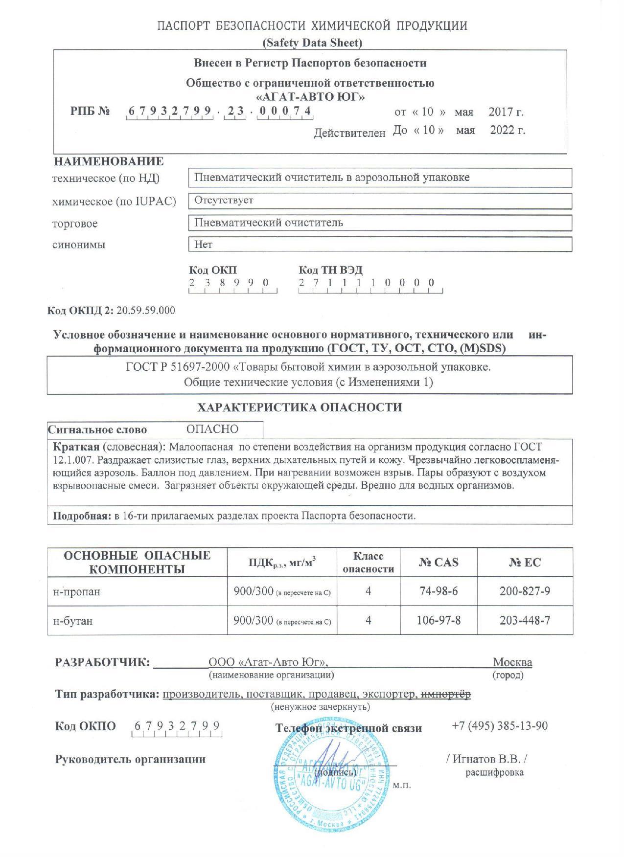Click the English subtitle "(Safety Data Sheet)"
pyautogui.click(x=312, y=43)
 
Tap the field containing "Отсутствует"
pyautogui.click(x=380, y=201)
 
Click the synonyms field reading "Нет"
pyautogui.click(x=380, y=244)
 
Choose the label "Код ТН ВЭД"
pyautogui.click(x=330, y=270)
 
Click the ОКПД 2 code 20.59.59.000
pyautogui.click(x=146, y=311)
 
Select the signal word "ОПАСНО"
pyautogui.click(x=212, y=429)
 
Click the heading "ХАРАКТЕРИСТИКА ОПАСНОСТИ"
pyautogui.click(x=299, y=407)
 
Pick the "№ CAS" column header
pyautogui.click(x=438, y=562)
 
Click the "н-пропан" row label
pyautogui.click(x=77, y=591)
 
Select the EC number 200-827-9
pyautogui.click(x=525, y=591)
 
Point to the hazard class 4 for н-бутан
pyautogui.click(x=368, y=620)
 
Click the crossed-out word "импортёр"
pyautogui.click(x=446, y=695)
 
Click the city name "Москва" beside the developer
pyautogui.click(x=512, y=662)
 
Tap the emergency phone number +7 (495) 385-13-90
pyautogui.click(x=499, y=726)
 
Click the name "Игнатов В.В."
pyautogui.click(x=486, y=759)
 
